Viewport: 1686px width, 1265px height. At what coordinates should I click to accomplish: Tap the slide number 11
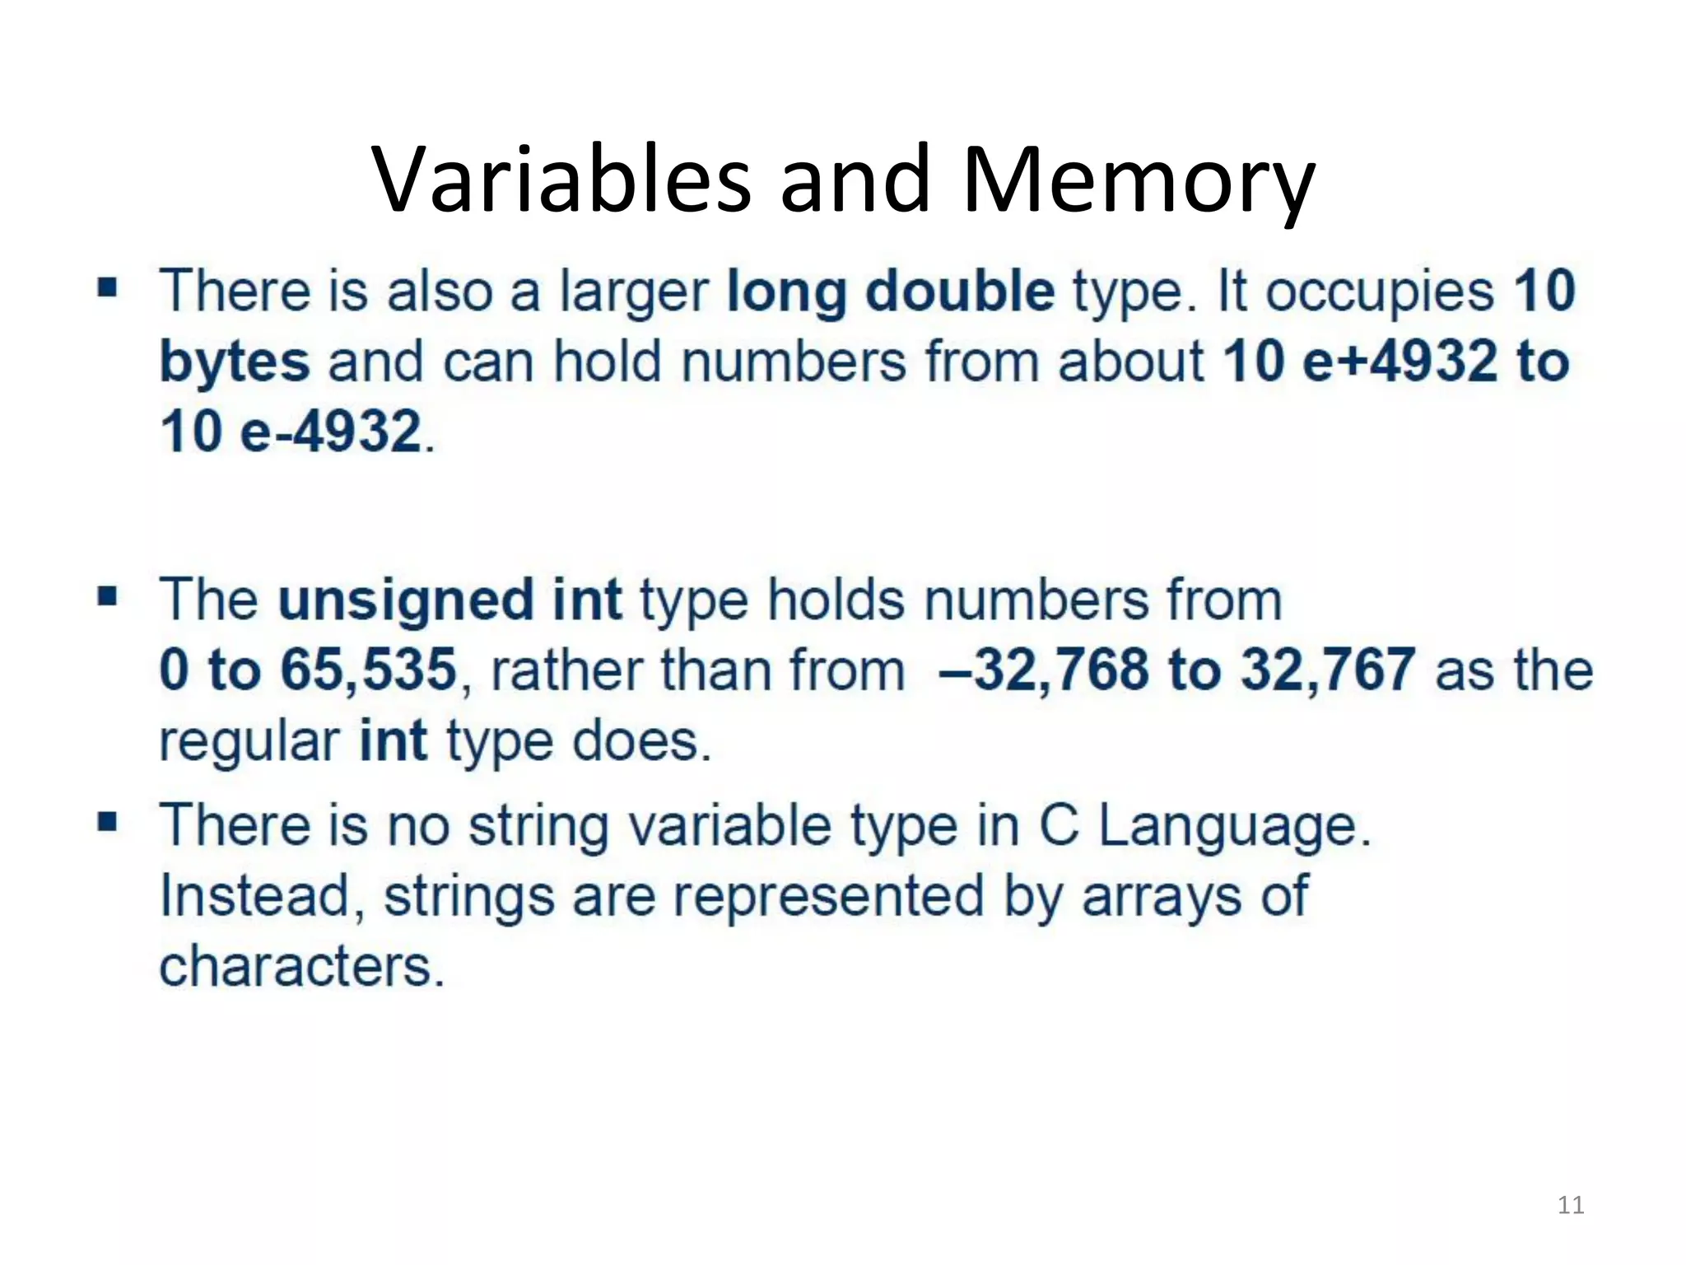[x=1571, y=1205]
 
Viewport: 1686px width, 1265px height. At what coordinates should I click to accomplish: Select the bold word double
[x=960, y=292]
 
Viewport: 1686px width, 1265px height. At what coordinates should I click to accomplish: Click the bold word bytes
[x=235, y=362]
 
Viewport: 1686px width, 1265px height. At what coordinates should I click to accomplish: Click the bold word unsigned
[x=405, y=600]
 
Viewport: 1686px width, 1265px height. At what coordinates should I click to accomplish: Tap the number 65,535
[x=368, y=669]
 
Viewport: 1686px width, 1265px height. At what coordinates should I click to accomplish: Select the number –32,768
[x=1043, y=669]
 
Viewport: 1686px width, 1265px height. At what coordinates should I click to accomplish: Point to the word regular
[x=249, y=741]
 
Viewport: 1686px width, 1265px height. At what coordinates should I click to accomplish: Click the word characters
[x=300, y=966]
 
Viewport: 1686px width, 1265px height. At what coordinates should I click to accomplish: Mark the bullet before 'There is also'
[x=107, y=288]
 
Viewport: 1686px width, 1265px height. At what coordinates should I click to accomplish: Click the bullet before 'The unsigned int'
[x=107, y=595]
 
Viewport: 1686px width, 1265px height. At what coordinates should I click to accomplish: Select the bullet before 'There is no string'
[x=107, y=821]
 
